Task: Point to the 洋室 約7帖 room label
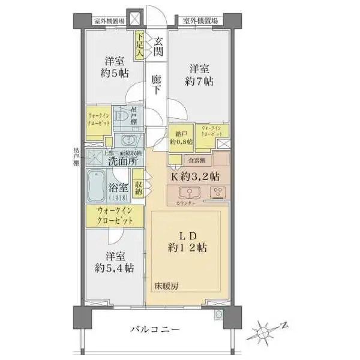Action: (x=200, y=74)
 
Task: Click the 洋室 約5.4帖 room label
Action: (x=115, y=262)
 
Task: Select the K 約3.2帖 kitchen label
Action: (x=196, y=176)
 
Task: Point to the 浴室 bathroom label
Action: (x=118, y=189)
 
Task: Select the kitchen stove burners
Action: (x=217, y=193)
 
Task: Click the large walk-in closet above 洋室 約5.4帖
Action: (x=114, y=216)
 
